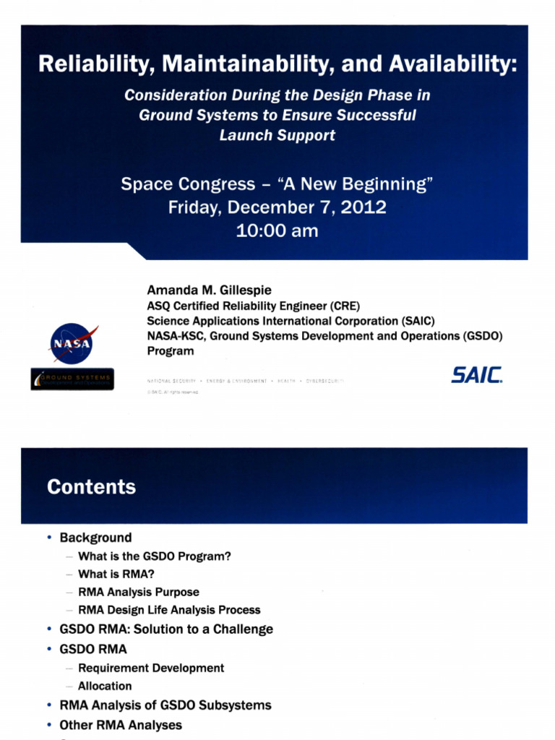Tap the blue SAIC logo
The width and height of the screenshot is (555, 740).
(x=477, y=375)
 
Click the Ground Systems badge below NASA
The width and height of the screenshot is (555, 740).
(x=72, y=379)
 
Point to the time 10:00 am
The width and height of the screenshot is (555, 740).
(x=277, y=231)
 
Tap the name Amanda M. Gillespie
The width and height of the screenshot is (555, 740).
(x=209, y=291)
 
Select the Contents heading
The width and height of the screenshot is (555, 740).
(x=91, y=487)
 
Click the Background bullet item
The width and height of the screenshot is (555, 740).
(x=95, y=538)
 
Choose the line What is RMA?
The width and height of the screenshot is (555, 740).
(x=116, y=574)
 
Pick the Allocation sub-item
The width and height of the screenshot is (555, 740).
(x=105, y=686)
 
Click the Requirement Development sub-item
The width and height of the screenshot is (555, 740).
(x=151, y=668)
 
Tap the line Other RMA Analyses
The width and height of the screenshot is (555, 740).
(x=121, y=724)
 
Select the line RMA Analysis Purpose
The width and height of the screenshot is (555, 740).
(x=139, y=592)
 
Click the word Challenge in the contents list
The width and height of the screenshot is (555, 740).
(x=243, y=629)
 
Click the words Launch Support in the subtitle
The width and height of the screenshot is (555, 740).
(x=277, y=135)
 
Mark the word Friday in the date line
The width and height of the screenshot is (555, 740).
(x=194, y=208)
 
